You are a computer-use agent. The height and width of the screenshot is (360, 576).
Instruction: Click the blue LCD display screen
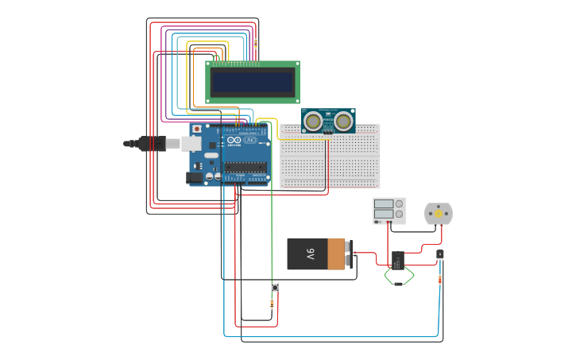tap(251, 81)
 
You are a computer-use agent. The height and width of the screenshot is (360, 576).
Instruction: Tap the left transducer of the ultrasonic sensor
tap(314, 121)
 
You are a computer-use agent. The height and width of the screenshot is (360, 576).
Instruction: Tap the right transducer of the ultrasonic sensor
tap(343, 121)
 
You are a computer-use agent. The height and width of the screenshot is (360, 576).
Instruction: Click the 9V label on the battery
tap(311, 254)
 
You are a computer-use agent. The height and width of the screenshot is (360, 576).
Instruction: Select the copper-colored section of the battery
tap(337, 254)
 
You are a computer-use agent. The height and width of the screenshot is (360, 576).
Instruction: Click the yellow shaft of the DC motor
tap(438, 213)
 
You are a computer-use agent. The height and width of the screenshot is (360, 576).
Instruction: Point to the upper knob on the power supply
tap(399, 204)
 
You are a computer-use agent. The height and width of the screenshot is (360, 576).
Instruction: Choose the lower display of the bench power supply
tap(383, 215)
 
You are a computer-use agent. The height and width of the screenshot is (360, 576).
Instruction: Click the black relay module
tap(398, 260)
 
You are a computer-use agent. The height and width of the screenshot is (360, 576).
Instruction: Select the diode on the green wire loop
tap(399, 284)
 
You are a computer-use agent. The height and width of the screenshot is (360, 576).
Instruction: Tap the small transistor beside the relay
tap(440, 254)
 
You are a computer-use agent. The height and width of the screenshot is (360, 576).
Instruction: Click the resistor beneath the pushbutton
tap(273, 304)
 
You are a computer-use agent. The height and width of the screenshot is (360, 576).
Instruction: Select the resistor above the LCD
tap(255, 45)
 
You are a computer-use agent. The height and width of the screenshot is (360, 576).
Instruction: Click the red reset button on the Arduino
tap(196, 129)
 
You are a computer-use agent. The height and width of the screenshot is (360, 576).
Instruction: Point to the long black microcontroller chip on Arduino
tap(245, 167)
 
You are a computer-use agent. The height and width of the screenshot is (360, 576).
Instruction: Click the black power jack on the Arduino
tap(193, 178)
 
